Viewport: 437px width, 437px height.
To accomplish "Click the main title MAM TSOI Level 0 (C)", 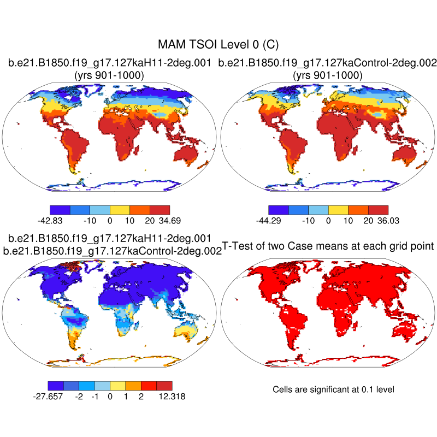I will coord(218,44).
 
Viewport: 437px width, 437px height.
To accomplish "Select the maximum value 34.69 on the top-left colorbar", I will coord(169,221).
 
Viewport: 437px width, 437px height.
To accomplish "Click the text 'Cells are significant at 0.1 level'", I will coord(333,389).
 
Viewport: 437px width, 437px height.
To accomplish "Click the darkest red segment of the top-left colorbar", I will coord(160,209).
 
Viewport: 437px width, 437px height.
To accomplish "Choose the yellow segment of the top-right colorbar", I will coord(338,209).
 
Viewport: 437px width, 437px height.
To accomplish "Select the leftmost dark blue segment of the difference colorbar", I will coord(56,385).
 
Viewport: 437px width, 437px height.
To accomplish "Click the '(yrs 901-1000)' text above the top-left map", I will coord(109,75).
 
